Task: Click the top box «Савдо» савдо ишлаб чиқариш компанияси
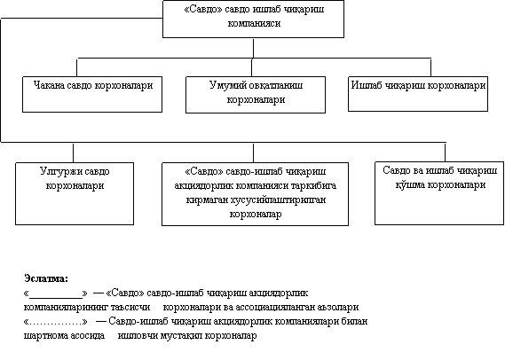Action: (253, 19)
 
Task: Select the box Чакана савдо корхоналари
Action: (92, 94)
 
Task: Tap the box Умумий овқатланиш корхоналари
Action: (256, 95)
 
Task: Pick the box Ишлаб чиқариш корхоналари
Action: (418, 94)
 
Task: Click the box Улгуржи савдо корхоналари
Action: (75, 193)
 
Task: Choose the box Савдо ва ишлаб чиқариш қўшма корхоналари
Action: (439, 193)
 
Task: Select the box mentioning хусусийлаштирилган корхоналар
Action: (255, 193)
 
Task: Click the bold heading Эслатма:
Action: (46, 278)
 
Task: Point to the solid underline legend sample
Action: (56, 297)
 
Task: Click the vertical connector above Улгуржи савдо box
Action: (73, 153)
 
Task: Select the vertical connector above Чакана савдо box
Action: (76, 67)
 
